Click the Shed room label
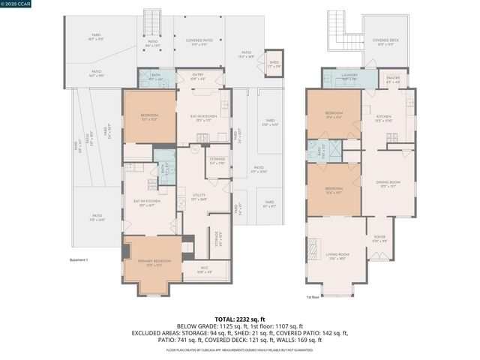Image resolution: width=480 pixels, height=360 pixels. click(x=274, y=64)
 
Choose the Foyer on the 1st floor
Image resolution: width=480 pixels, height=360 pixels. click(x=379, y=239)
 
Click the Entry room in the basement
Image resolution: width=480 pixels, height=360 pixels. click(x=198, y=76)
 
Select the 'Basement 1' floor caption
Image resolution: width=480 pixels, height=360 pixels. click(x=79, y=260)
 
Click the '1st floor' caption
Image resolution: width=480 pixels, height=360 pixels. click(x=313, y=298)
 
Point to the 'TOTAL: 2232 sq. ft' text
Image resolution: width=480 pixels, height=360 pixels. click(x=240, y=319)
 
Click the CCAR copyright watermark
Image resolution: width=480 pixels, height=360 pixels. click(x=15, y=4)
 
